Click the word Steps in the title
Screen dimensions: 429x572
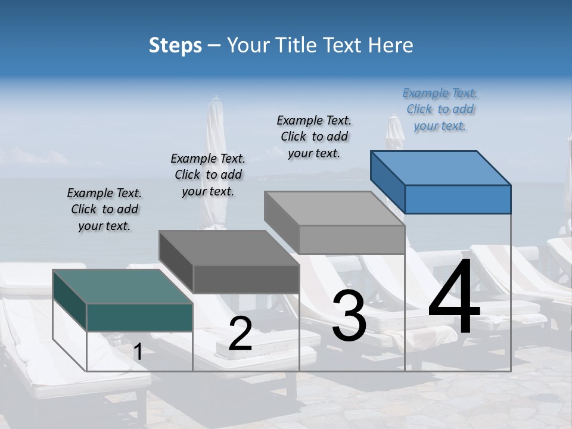click(175, 45)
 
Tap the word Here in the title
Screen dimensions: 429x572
click(391, 45)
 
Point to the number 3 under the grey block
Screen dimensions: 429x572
click(349, 316)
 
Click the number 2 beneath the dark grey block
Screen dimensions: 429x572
click(240, 334)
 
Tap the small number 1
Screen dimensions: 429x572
click(138, 352)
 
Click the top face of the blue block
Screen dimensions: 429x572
click(441, 168)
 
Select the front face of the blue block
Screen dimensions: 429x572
click(458, 199)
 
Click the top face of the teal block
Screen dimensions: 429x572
click(123, 287)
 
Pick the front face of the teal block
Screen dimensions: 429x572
click(139, 317)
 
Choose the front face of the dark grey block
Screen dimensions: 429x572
click(246, 279)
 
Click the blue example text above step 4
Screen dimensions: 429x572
click(440, 110)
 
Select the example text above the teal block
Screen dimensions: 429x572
click(104, 210)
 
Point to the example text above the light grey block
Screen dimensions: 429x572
click(314, 136)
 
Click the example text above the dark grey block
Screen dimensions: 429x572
click(208, 175)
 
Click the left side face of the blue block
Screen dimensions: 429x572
click(387, 182)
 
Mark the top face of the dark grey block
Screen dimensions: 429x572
click(229, 248)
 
